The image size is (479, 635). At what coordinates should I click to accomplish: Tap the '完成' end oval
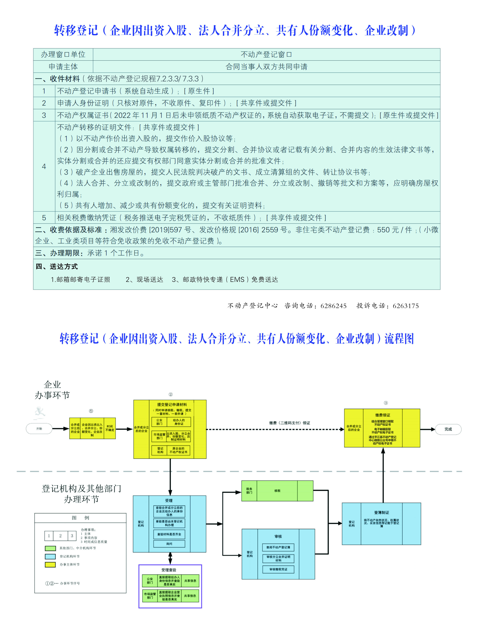(x=448, y=429)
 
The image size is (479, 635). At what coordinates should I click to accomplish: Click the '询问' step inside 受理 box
(x=169, y=544)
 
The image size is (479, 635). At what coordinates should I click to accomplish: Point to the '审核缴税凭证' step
(x=278, y=569)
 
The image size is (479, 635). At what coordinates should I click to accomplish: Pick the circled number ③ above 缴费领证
(x=386, y=403)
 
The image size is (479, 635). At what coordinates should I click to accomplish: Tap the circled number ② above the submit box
(x=170, y=394)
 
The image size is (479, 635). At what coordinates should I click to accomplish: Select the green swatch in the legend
(x=50, y=548)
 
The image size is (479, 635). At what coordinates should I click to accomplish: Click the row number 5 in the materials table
(x=44, y=218)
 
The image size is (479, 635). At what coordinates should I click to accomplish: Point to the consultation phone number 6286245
(x=333, y=306)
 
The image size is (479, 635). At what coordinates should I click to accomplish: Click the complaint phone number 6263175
(x=405, y=306)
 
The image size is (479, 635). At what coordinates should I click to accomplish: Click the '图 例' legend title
(x=80, y=518)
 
